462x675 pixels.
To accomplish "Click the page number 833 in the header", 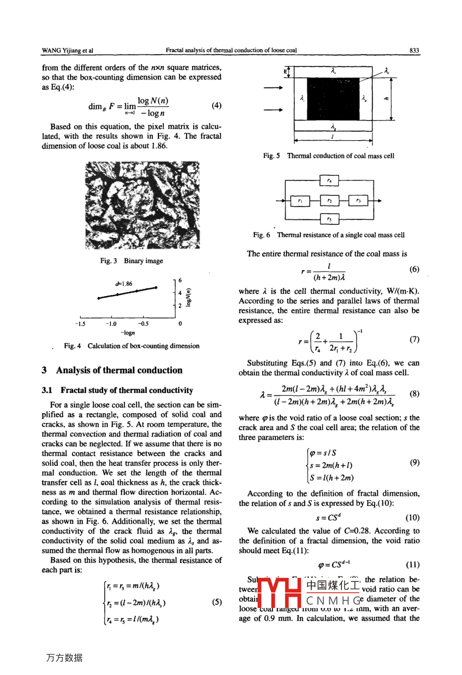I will pos(414,50).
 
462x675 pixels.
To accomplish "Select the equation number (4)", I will pos(216,105).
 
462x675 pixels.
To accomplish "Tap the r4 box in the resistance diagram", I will pos(329,180).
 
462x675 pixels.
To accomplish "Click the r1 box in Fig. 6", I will pos(300,201).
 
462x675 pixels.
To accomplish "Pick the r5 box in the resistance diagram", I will pos(329,219).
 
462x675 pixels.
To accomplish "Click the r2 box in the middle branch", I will pos(329,201).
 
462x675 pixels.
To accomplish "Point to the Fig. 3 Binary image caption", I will pos(131,261).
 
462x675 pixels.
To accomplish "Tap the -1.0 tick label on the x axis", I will pos(110,324).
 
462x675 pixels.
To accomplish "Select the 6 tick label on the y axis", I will pos(180,281).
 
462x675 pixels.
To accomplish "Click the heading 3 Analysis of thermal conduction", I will pos(112,370).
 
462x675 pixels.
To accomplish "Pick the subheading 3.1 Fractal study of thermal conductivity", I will pos(117,390).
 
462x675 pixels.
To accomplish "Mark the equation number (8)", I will pos(414,394).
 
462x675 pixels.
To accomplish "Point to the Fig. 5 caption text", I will pos(329,156).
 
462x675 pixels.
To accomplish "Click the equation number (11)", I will pos(413,565).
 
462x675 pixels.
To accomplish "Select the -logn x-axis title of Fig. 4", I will pos(128,333).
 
